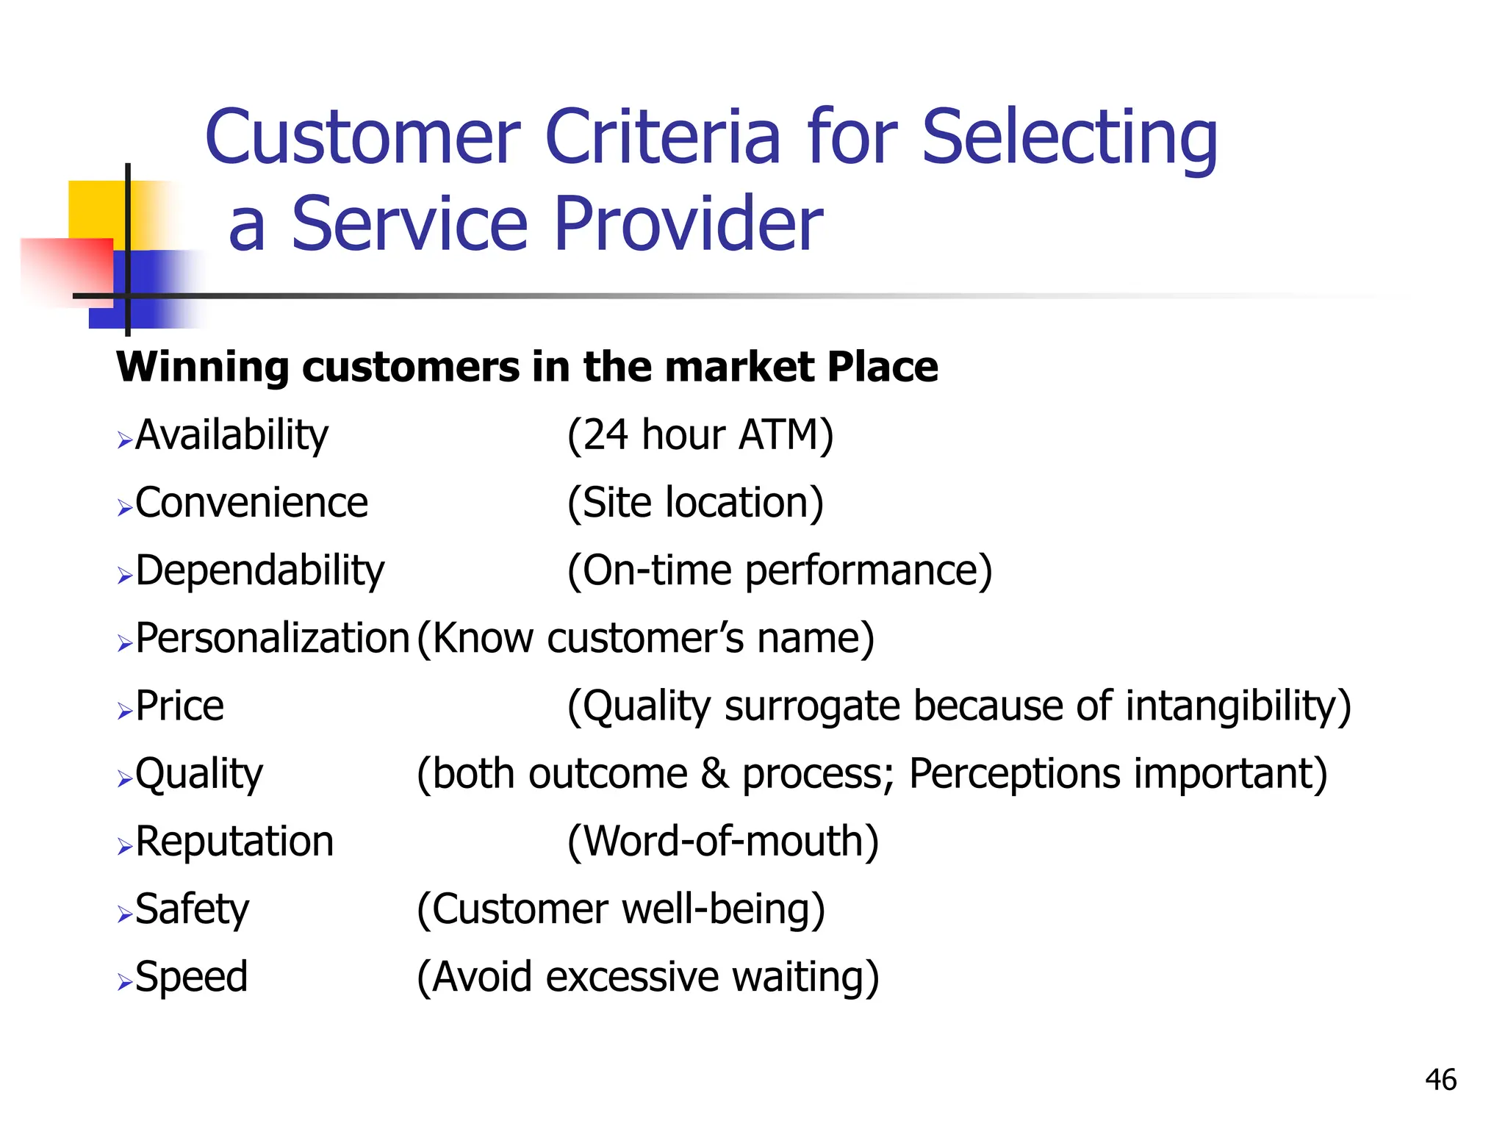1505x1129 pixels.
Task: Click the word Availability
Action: pos(231,435)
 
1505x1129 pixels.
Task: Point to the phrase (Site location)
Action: pos(695,503)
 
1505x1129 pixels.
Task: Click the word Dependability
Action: pos(260,571)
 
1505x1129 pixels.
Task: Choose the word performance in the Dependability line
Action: pos(867,571)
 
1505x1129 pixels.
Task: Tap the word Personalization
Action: pos(272,638)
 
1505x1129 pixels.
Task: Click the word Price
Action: pos(180,706)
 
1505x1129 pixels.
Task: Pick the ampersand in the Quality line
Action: pos(714,774)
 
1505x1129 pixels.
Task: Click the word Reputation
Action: pos(234,842)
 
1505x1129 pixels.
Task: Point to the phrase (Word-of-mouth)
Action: pos(723,842)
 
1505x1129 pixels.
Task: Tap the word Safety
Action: pos(193,910)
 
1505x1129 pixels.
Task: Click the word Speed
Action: pos(192,978)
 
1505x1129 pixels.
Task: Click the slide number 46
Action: pos(1440,1080)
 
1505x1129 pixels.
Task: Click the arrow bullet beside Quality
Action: pos(124,778)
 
